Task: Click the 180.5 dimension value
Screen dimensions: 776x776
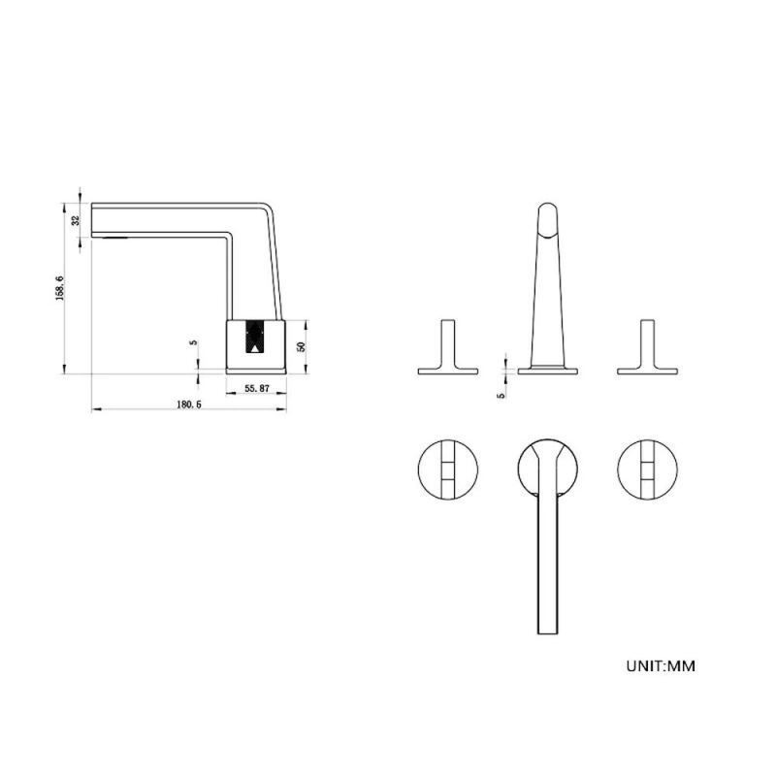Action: click(189, 404)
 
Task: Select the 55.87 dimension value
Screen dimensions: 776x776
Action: click(257, 389)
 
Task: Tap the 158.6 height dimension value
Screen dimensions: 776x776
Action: click(60, 288)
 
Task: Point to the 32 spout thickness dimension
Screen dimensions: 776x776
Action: click(76, 220)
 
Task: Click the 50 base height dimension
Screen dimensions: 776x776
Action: click(302, 346)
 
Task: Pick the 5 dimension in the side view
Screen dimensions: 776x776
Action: click(193, 342)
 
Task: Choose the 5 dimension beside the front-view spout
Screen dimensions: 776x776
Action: click(501, 396)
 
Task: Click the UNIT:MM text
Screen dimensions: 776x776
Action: click(661, 665)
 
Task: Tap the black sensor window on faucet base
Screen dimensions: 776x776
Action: click(255, 337)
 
